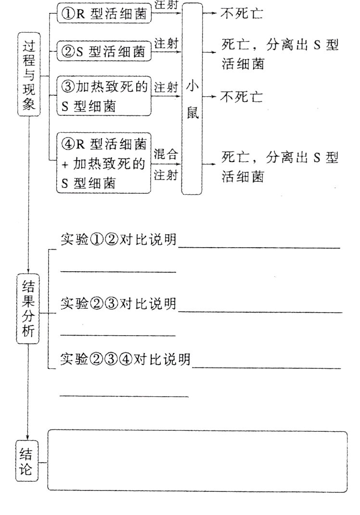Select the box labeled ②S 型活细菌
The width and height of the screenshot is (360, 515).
click(104, 51)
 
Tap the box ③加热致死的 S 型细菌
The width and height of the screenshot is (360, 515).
click(104, 96)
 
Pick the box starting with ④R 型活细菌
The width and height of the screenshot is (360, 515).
click(104, 163)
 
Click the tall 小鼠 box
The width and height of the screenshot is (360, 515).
click(192, 99)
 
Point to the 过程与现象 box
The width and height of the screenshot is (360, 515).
click(28, 75)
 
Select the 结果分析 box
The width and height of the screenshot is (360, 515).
click(27, 309)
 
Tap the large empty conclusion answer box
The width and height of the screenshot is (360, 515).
click(197, 461)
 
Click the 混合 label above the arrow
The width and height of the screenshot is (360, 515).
click(166, 155)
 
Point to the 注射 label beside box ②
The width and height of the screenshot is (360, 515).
click(166, 43)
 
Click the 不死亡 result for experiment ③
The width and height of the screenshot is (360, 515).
click(242, 97)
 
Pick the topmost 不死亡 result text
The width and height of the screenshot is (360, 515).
click(242, 14)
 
